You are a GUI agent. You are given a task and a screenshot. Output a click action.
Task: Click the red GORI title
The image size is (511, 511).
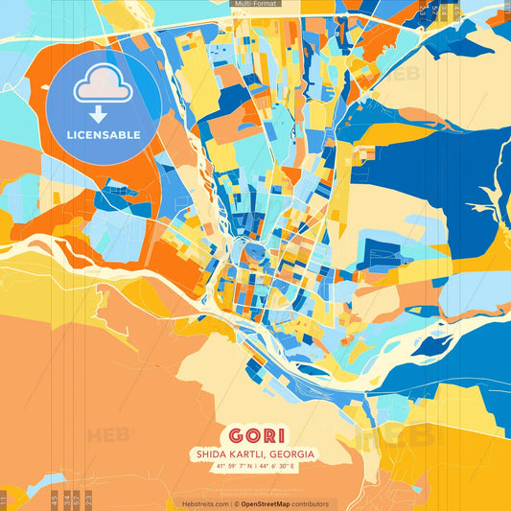256,431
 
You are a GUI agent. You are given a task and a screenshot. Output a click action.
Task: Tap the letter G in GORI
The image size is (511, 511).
235,431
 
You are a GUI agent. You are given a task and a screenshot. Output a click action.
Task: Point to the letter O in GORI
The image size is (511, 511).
249,431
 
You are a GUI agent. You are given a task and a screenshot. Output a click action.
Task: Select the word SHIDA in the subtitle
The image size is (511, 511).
213,453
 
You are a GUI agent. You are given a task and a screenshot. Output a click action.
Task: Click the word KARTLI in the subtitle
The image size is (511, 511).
251,453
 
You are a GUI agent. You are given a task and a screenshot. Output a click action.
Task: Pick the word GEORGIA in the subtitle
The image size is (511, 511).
296,453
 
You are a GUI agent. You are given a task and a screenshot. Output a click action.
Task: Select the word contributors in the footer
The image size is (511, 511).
311,503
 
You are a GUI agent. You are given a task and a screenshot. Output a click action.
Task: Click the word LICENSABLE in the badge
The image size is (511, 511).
104,134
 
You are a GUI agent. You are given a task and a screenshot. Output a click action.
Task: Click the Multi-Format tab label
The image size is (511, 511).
255,4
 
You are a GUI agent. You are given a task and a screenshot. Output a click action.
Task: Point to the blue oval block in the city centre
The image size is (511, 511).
251,251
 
